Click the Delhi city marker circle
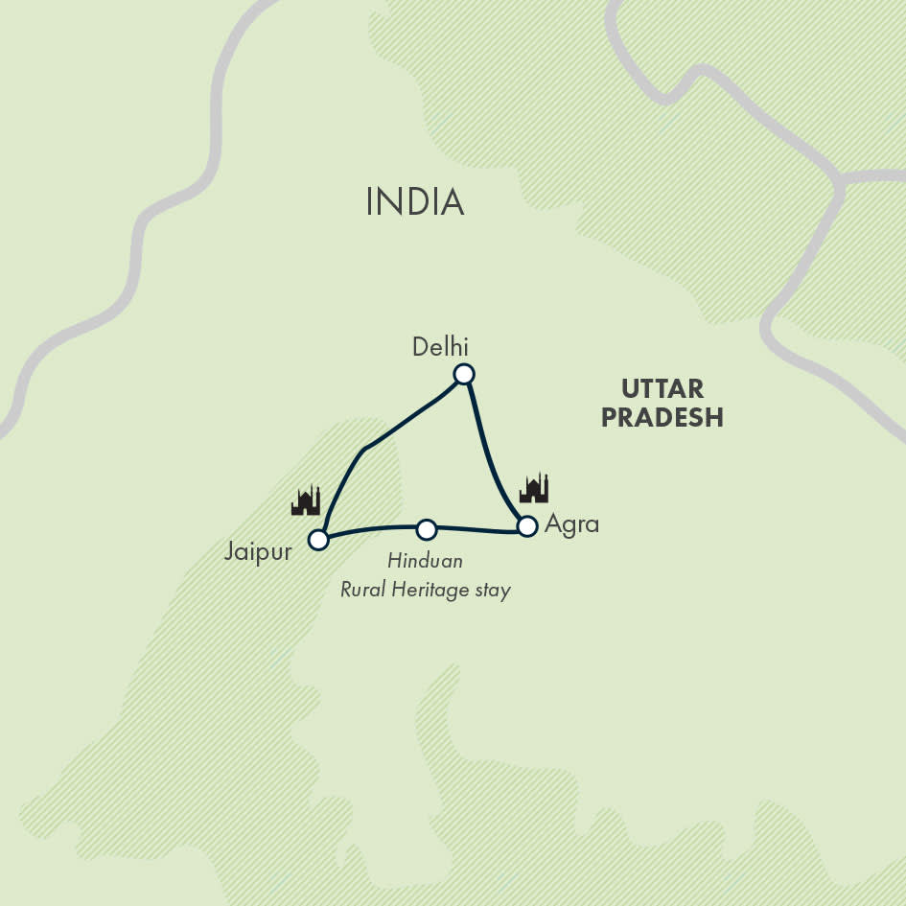[464, 374]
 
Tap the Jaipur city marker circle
[318, 540]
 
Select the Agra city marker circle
[526, 525]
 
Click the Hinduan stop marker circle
[427, 529]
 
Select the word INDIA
[415, 202]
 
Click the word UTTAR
[662, 389]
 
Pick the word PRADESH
[662, 418]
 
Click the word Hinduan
[425, 561]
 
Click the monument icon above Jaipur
[306, 500]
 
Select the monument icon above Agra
[534, 488]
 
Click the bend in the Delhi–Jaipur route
[364, 449]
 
